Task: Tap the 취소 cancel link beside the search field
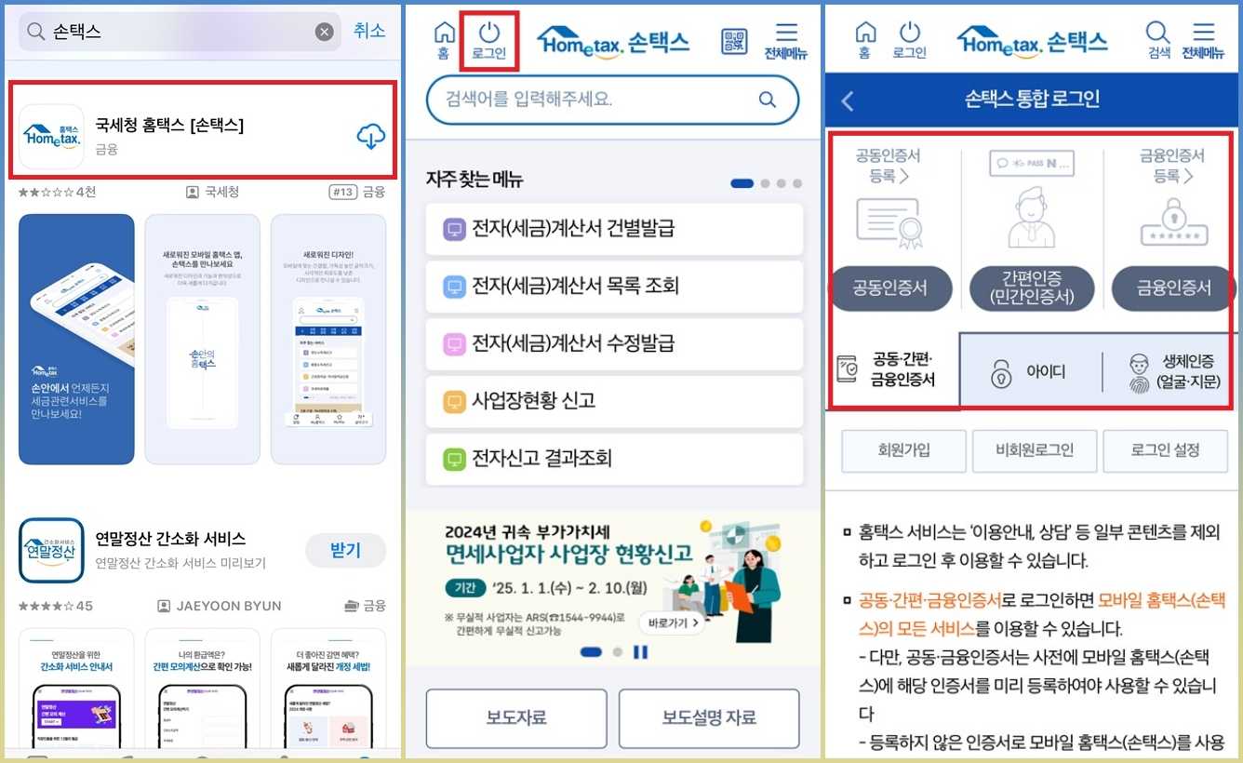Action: click(x=369, y=31)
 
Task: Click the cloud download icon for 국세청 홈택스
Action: click(x=370, y=137)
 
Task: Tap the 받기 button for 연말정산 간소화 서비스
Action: click(x=345, y=550)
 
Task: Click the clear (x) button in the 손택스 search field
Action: click(x=324, y=32)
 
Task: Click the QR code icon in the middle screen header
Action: click(x=734, y=41)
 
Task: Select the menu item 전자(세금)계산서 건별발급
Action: click(x=614, y=229)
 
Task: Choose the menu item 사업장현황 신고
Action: click(x=614, y=401)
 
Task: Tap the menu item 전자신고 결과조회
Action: click(x=614, y=459)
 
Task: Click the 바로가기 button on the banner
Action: click(x=672, y=622)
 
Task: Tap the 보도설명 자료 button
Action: click(x=709, y=717)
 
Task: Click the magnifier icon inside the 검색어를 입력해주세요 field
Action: click(x=767, y=100)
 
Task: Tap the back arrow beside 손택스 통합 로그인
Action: click(x=848, y=100)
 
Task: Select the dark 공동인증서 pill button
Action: click(x=890, y=288)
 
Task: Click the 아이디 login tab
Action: click(x=1030, y=371)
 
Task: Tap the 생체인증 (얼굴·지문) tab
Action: click(x=1174, y=371)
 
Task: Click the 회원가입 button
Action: click(x=903, y=450)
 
